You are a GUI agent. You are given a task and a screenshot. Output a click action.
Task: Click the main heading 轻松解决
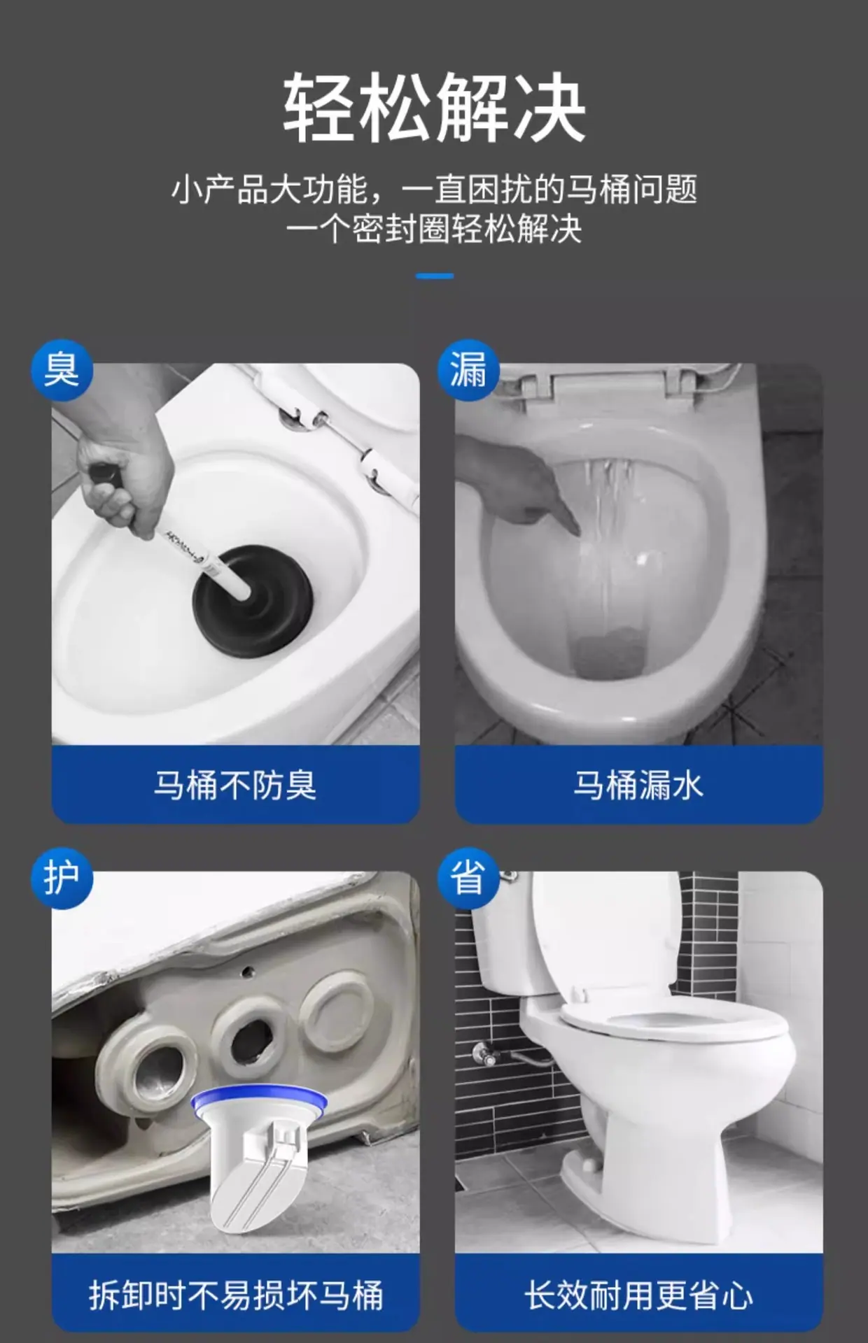click(x=434, y=107)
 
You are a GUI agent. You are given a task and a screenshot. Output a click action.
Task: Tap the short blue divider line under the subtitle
click(x=434, y=276)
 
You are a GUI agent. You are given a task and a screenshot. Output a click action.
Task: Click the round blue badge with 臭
click(x=62, y=370)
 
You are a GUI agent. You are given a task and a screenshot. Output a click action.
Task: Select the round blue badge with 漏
click(x=468, y=370)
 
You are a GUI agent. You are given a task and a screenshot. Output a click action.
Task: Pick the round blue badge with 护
click(x=62, y=878)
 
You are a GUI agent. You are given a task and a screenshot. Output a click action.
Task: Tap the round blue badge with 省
click(x=468, y=878)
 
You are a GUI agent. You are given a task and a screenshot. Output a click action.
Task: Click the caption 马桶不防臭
click(x=235, y=785)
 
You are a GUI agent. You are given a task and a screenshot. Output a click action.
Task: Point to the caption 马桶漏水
click(x=638, y=785)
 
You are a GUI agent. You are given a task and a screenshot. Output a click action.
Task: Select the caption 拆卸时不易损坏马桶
click(x=236, y=1295)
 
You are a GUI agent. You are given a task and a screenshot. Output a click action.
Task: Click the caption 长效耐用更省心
click(x=638, y=1295)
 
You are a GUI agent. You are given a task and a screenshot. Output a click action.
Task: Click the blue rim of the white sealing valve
click(x=258, y=1098)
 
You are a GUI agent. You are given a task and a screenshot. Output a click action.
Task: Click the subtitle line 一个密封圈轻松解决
click(x=434, y=229)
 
